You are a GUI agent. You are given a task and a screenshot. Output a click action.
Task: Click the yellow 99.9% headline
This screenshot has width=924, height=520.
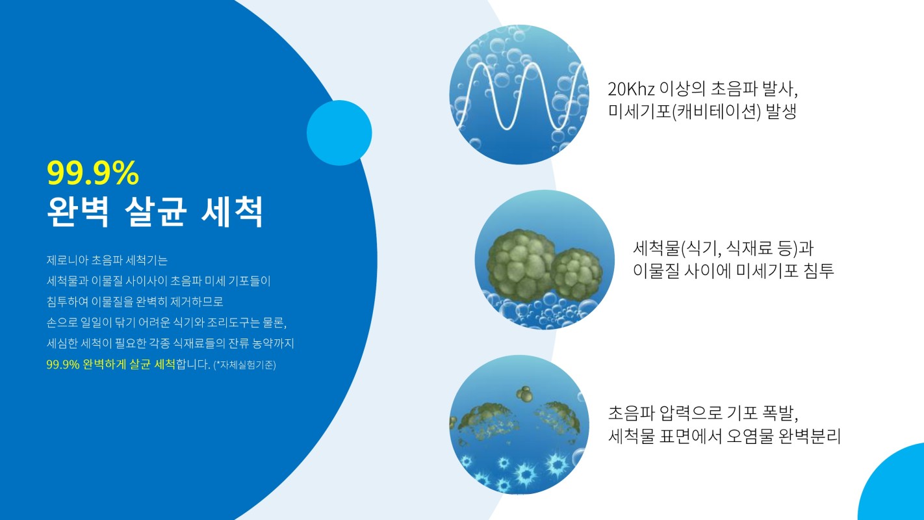93,173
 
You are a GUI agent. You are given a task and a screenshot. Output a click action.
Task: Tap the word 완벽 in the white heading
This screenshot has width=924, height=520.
78,212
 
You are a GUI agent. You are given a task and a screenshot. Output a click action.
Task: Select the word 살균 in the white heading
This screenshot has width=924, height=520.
155,212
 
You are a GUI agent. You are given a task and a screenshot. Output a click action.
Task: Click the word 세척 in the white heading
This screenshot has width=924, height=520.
232,212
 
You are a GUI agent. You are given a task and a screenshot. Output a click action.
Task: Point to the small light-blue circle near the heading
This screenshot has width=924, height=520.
339,133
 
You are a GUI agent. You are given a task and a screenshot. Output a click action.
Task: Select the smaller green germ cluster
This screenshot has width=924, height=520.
576,274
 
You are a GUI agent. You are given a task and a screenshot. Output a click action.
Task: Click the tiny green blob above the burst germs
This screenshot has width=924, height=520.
524,395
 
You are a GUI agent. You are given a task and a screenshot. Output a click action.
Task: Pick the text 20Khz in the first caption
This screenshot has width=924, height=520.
631,89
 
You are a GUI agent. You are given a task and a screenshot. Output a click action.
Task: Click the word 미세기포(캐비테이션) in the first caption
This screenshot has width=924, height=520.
684,112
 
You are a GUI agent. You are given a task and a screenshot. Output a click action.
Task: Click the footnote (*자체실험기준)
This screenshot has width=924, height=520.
244,365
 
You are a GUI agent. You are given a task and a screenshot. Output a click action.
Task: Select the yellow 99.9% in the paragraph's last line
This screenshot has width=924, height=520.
62,365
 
